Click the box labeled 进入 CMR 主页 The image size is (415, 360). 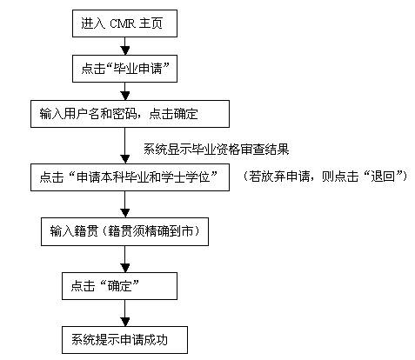(124, 23)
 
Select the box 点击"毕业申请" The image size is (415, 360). (124, 69)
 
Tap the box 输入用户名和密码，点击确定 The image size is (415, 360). (130, 114)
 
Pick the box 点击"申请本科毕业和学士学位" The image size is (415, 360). (130, 177)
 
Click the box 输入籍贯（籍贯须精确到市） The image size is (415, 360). (124, 231)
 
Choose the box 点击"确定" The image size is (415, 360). (119, 286)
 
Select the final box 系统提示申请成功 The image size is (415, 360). (124, 340)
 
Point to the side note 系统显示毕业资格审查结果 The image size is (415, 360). (217, 149)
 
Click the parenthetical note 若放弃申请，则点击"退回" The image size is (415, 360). (325, 177)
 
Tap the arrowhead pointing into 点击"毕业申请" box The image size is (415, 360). (125, 50)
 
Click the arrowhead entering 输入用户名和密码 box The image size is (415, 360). (125, 96)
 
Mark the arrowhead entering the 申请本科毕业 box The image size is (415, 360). (125, 159)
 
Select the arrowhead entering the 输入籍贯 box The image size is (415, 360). (125, 213)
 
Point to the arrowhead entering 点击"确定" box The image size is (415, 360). (125, 268)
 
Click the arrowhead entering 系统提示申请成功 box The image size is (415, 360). (125, 322)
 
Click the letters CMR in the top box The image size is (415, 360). (123, 23)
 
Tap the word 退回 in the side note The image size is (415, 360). (383, 177)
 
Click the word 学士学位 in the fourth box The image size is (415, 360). (185, 177)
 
